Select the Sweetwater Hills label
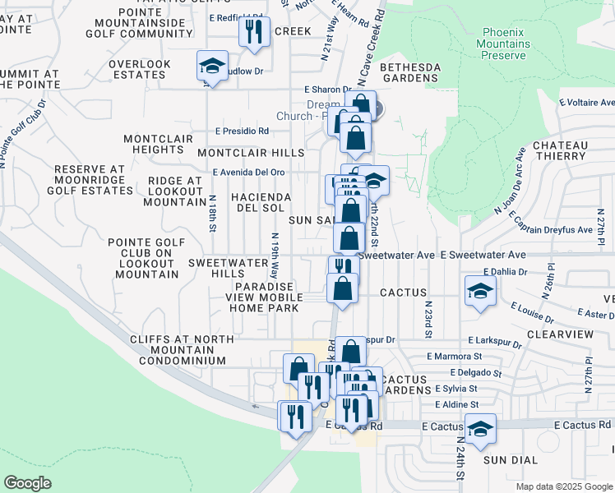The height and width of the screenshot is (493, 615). [229, 268]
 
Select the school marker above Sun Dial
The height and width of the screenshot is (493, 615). [480, 428]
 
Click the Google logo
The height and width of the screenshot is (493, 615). [28, 483]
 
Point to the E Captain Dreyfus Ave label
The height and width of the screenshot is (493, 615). [551, 223]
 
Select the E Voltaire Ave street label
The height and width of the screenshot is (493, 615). [586, 104]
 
